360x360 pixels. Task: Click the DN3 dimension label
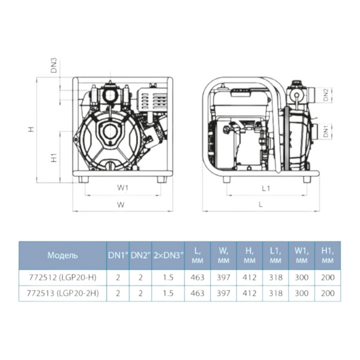pos(54,67)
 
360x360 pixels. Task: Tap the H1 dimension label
pos(54,158)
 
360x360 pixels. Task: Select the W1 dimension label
pos(123,188)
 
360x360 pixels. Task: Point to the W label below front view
pos(121,205)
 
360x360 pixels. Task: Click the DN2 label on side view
pos(326,95)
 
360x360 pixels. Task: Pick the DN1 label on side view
pos(326,131)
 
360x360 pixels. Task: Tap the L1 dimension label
pos(266,188)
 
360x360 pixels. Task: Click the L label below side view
pos(260,205)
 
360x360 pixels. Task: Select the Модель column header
pos(62,256)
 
